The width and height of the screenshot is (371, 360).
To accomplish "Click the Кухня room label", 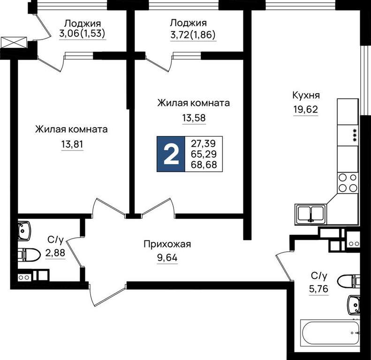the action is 306,96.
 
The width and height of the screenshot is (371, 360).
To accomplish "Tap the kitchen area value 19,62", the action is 306,110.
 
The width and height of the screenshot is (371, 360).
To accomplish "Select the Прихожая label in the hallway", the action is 167,244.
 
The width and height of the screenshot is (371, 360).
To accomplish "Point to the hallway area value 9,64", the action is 167,258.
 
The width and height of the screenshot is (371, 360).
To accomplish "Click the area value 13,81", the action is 72,144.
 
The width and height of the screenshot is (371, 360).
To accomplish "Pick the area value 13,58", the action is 194,118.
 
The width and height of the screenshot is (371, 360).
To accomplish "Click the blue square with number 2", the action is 171,154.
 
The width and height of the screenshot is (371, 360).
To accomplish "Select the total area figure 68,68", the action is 204,165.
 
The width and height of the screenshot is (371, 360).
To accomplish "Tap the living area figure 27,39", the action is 203,143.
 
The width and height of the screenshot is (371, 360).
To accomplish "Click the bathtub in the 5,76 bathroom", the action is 330,331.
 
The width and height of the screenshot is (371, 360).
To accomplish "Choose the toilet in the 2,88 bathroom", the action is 29,255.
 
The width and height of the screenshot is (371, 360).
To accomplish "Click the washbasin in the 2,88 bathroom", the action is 24,231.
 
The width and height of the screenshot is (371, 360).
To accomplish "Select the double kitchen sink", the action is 310,214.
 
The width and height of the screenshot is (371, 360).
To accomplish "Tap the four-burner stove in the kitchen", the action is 348,183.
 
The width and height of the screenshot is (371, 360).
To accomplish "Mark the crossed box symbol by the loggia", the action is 14,42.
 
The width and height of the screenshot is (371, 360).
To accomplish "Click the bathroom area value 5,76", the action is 318,289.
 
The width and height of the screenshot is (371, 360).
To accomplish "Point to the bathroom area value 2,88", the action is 55,253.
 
